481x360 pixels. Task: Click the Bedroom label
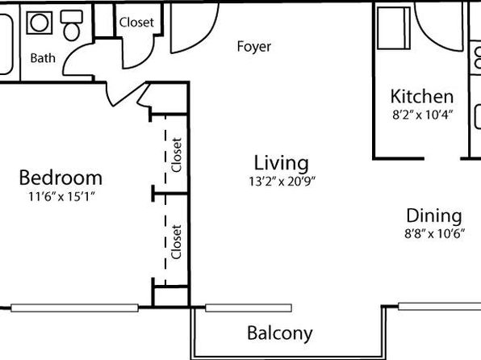[61, 178]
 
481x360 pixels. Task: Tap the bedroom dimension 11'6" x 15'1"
[61, 196]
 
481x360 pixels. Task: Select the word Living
[282, 163]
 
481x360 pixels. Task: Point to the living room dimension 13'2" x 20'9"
[282, 182]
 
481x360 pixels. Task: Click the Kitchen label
[422, 96]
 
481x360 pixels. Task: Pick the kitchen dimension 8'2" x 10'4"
[422, 115]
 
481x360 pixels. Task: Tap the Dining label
[434, 216]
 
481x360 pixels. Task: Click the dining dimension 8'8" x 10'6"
[434, 234]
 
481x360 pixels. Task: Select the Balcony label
[280, 333]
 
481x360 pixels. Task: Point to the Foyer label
[254, 47]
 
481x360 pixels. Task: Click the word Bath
[43, 57]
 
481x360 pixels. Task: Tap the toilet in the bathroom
[72, 25]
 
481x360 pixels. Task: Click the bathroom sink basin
[40, 23]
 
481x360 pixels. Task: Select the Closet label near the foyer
[136, 22]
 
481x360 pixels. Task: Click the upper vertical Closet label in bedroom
[177, 155]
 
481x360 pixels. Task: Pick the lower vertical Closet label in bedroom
[177, 242]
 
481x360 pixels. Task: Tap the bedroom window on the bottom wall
[74, 308]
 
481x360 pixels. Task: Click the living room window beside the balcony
[249, 308]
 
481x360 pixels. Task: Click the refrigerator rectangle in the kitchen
[394, 28]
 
